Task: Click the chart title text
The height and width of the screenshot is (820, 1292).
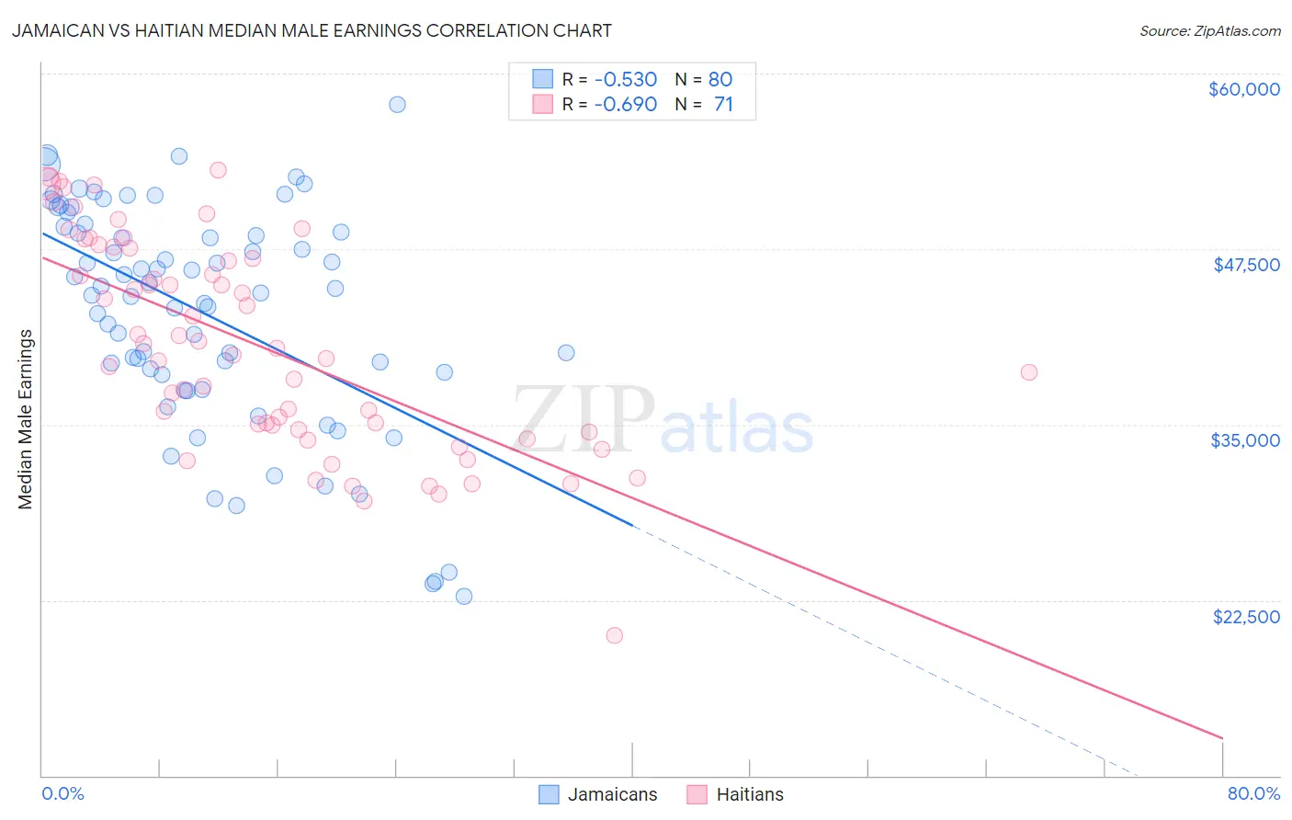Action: point(312,30)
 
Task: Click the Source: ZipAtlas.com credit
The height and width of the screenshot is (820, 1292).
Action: point(1209,30)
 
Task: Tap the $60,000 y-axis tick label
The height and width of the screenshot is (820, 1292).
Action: point(1243,89)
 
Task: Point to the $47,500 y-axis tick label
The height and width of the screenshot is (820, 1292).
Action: point(1246,265)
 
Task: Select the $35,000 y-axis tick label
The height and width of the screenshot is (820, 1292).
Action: point(1245,440)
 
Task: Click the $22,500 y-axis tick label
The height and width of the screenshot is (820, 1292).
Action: point(1246,617)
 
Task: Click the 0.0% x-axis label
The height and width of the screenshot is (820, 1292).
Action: point(63,794)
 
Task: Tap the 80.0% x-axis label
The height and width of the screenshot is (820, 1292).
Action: point(1253,794)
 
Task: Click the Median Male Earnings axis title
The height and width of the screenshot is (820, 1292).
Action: point(26,419)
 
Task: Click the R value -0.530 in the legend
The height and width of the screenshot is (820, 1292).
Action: point(625,79)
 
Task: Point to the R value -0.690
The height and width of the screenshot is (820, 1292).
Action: point(625,105)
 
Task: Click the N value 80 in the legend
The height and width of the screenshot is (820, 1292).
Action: point(720,79)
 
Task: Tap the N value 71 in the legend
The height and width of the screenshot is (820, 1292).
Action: point(723,105)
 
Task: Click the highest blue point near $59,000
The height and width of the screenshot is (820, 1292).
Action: point(397,104)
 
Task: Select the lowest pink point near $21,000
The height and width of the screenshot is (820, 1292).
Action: point(614,635)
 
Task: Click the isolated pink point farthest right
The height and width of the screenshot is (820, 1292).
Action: point(1028,372)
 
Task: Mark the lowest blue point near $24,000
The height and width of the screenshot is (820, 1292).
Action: point(464,597)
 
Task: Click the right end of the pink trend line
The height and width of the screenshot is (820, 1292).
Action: point(1222,737)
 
